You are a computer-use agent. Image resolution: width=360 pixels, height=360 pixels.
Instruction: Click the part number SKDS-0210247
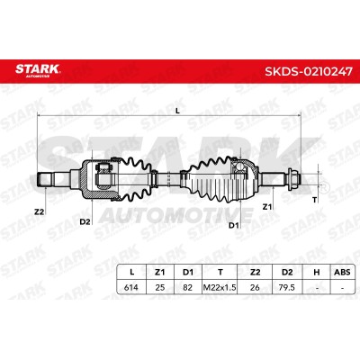(309, 71)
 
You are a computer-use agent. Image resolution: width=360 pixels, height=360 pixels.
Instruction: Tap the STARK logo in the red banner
(38, 69)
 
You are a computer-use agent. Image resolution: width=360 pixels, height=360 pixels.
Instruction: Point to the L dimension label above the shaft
(177, 111)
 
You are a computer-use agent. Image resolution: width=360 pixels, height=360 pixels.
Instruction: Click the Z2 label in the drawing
(39, 212)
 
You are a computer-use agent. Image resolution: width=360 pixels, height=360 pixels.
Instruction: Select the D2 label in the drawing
(85, 222)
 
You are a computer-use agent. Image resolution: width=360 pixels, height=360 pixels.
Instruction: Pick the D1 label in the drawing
(234, 225)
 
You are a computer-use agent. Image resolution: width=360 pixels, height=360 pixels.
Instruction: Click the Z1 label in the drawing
(267, 207)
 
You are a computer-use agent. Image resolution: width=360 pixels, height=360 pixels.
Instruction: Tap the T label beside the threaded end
(315, 200)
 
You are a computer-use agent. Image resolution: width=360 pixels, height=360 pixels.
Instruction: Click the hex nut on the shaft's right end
(293, 179)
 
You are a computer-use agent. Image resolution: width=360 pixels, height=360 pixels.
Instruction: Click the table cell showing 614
(131, 287)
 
